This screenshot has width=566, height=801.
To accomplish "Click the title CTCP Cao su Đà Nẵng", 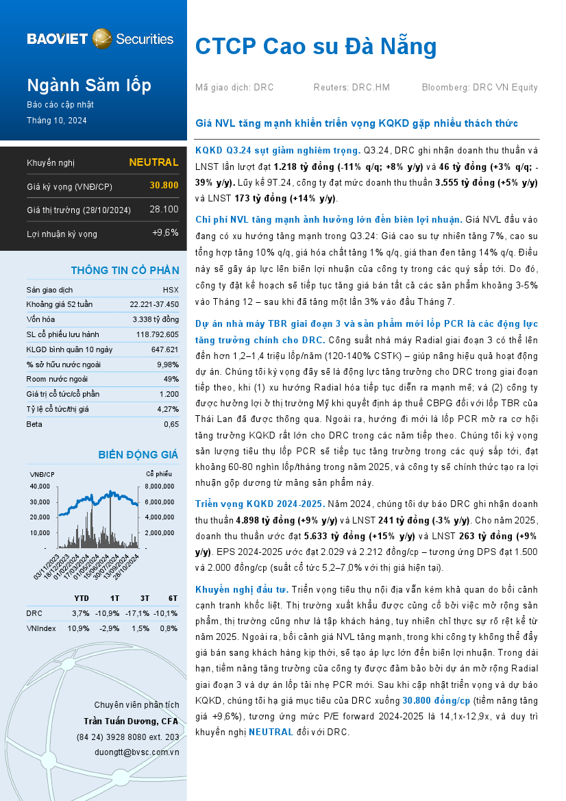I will (316, 47).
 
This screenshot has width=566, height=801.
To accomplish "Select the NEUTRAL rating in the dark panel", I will (153, 162).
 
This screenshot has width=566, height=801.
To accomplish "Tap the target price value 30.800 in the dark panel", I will (164, 186).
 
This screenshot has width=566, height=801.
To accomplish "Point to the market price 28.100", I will (164, 209).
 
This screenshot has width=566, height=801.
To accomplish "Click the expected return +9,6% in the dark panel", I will (165, 233).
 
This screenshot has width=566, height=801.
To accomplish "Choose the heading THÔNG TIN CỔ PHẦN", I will (125, 270).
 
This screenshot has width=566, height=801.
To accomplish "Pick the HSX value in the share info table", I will (171, 290).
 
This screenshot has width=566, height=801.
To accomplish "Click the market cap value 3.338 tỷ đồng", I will (156, 319).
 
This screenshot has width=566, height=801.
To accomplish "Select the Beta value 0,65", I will (171, 424).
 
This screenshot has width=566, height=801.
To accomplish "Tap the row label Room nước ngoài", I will (57, 379).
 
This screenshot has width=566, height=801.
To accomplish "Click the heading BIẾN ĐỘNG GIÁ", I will (138, 454).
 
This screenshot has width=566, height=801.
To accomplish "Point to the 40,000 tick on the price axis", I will (40, 486).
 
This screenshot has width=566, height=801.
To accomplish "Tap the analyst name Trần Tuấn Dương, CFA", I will (131, 722).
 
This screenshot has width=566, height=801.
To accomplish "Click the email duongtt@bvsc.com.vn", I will (136, 752).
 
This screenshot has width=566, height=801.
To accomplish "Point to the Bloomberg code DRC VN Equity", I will (505, 88).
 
